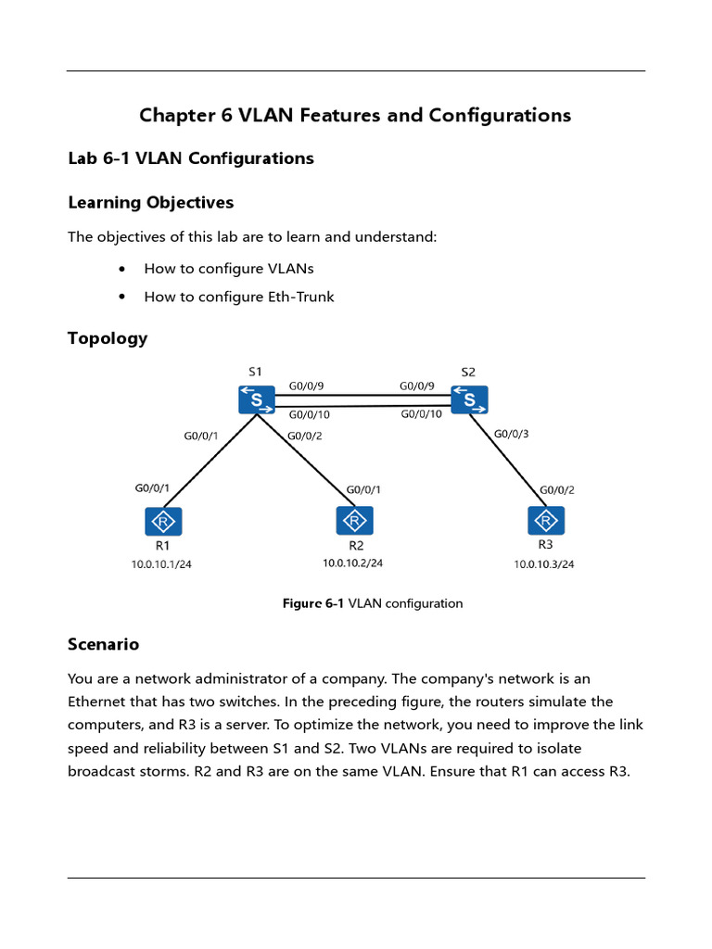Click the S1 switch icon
click(x=256, y=400)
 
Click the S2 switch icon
click(x=469, y=400)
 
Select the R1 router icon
click(x=163, y=521)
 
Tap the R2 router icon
click(x=355, y=521)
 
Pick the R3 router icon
click(x=546, y=521)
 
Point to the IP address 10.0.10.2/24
click(x=352, y=563)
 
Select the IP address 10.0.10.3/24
click(x=544, y=564)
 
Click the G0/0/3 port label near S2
click(x=511, y=433)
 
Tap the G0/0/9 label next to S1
click(x=307, y=386)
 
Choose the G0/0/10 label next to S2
click(x=421, y=414)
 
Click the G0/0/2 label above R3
click(x=557, y=490)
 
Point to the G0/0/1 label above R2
click(x=363, y=489)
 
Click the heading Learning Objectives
click(x=150, y=202)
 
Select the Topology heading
click(x=108, y=338)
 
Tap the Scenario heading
click(x=103, y=643)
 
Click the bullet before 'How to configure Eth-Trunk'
click(x=123, y=297)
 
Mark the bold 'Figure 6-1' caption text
click(x=312, y=603)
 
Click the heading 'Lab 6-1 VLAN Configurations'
click(x=191, y=158)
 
